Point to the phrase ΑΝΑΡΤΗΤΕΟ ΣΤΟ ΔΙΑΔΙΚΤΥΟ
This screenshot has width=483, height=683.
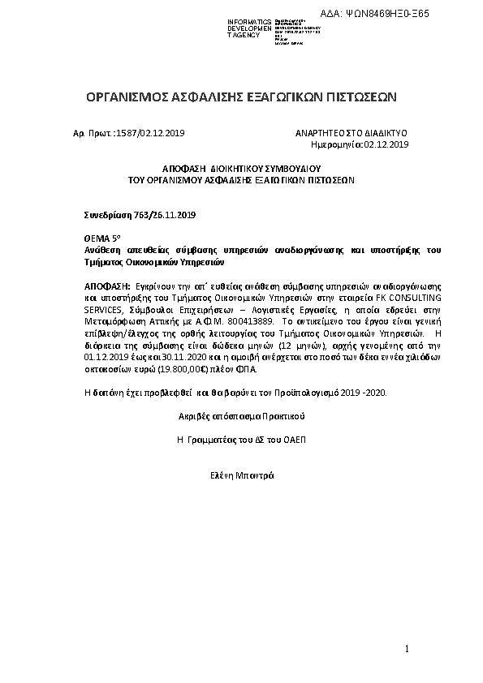pyautogui.click(x=351, y=132)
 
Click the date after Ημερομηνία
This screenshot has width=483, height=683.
pyautogui.click(x=387, y=144)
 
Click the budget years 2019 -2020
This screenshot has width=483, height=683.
pyautogui.click(x=364, y=393)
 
